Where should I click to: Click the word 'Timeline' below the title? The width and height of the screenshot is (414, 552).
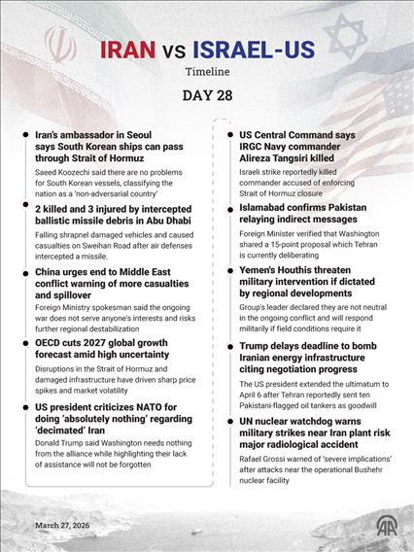tap(207, 72)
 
